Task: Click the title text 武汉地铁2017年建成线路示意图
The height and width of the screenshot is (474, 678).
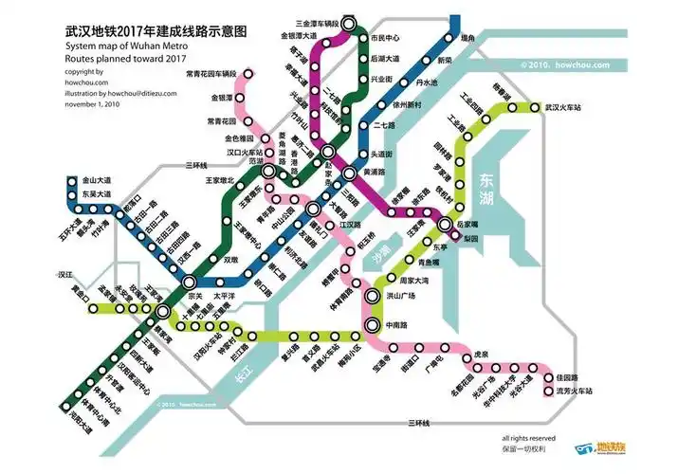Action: point(156,31)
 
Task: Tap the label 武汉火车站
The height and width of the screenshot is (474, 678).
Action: point(566,107)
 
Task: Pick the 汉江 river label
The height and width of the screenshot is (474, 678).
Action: point(65,274)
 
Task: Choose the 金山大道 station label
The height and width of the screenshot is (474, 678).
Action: point(97,179)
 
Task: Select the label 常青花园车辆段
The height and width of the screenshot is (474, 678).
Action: point(211,73)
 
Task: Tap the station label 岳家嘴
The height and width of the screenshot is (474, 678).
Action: point(467,224)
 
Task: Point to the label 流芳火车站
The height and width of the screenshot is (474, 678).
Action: point(574,391)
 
